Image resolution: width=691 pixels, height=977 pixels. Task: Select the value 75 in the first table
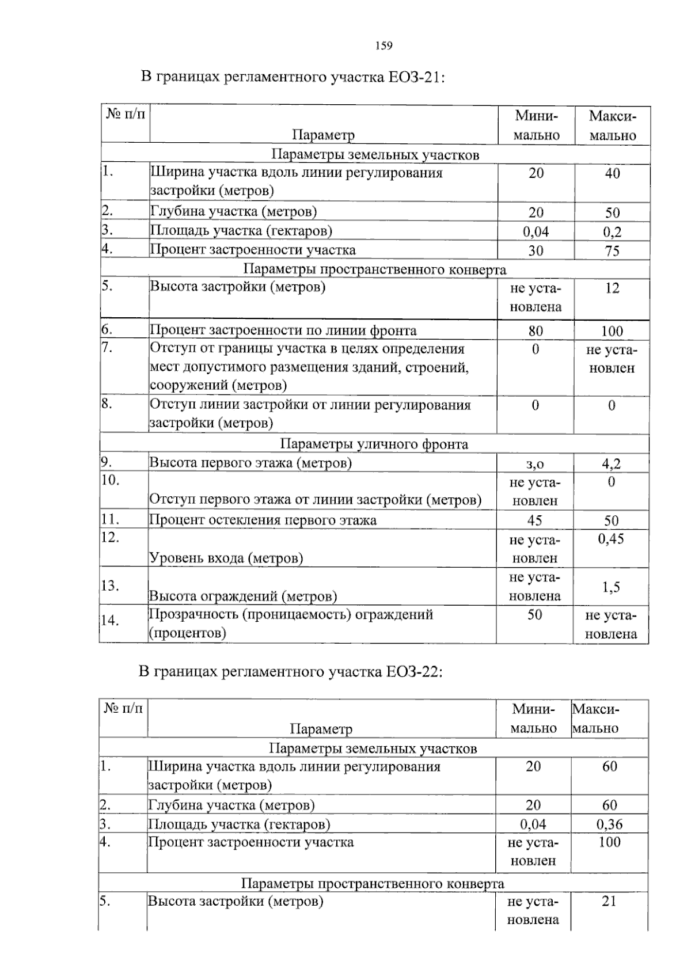(612, 251)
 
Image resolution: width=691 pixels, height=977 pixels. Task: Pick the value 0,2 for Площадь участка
(612, 232)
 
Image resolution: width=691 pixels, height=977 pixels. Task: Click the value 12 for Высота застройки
(612, 288)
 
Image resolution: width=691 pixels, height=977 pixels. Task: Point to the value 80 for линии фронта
(536, 331)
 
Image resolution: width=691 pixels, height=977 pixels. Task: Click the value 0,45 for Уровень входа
(611, 539)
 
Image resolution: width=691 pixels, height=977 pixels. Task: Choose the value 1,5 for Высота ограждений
(611, 587)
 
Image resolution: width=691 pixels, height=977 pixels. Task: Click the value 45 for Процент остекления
(534, 520)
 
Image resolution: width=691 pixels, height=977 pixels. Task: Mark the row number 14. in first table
(110, 621)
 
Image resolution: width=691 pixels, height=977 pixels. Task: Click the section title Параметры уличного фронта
(374, 444)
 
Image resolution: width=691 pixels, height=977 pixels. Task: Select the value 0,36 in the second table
(609, 824)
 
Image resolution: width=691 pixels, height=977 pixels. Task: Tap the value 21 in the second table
(609, 902)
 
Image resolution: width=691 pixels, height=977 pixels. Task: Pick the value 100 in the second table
(609, 843)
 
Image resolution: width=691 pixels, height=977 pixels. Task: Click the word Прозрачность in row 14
(193, 614)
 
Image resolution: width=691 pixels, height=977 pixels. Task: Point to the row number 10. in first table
(110, 480)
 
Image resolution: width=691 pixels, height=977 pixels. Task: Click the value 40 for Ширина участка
(612, 173)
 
